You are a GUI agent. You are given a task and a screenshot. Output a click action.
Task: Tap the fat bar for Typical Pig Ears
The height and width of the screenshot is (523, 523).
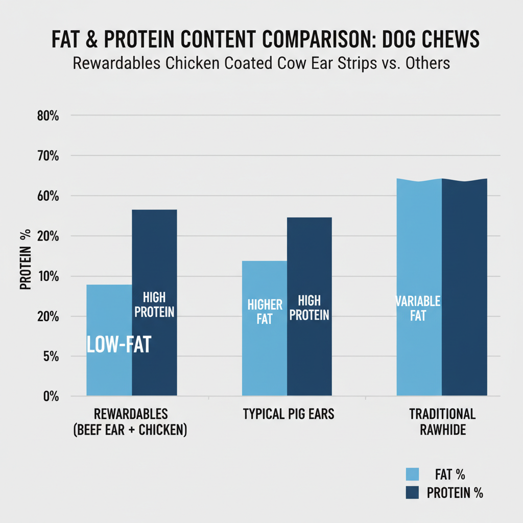(264, 358)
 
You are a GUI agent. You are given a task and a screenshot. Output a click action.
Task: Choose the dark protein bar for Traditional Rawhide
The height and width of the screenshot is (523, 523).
(464, 286)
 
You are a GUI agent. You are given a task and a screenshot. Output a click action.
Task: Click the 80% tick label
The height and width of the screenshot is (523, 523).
(49, 116)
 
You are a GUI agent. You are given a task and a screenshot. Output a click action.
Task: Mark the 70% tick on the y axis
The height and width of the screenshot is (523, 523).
(49, 156)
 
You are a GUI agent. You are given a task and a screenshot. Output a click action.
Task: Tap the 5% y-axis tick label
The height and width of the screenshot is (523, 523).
(51, 356)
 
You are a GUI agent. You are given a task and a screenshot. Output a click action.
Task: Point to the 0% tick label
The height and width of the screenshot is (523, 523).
(51, 396)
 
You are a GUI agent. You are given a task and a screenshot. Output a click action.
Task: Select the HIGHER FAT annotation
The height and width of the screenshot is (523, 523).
(265, 312)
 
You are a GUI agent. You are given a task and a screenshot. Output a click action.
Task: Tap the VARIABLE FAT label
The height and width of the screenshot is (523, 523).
(418, 308)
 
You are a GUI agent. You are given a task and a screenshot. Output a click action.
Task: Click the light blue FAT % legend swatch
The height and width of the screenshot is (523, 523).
(412, 474)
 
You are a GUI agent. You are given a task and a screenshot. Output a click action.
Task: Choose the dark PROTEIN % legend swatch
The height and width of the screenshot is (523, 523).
(412, 493)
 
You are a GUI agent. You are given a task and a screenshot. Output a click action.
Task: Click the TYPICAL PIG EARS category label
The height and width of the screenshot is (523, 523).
(288, 414)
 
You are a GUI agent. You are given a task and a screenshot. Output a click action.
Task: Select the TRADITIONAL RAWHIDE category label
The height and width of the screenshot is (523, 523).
(442, 422)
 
